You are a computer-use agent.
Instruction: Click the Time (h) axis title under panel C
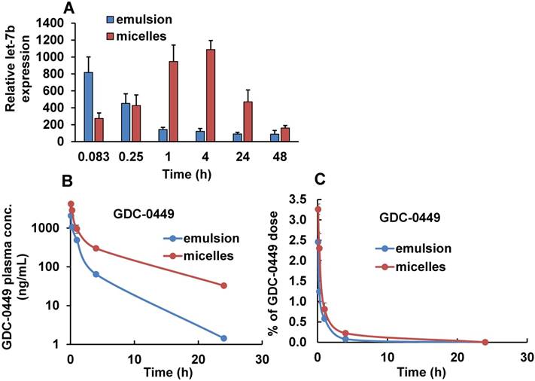coord(421,371)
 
